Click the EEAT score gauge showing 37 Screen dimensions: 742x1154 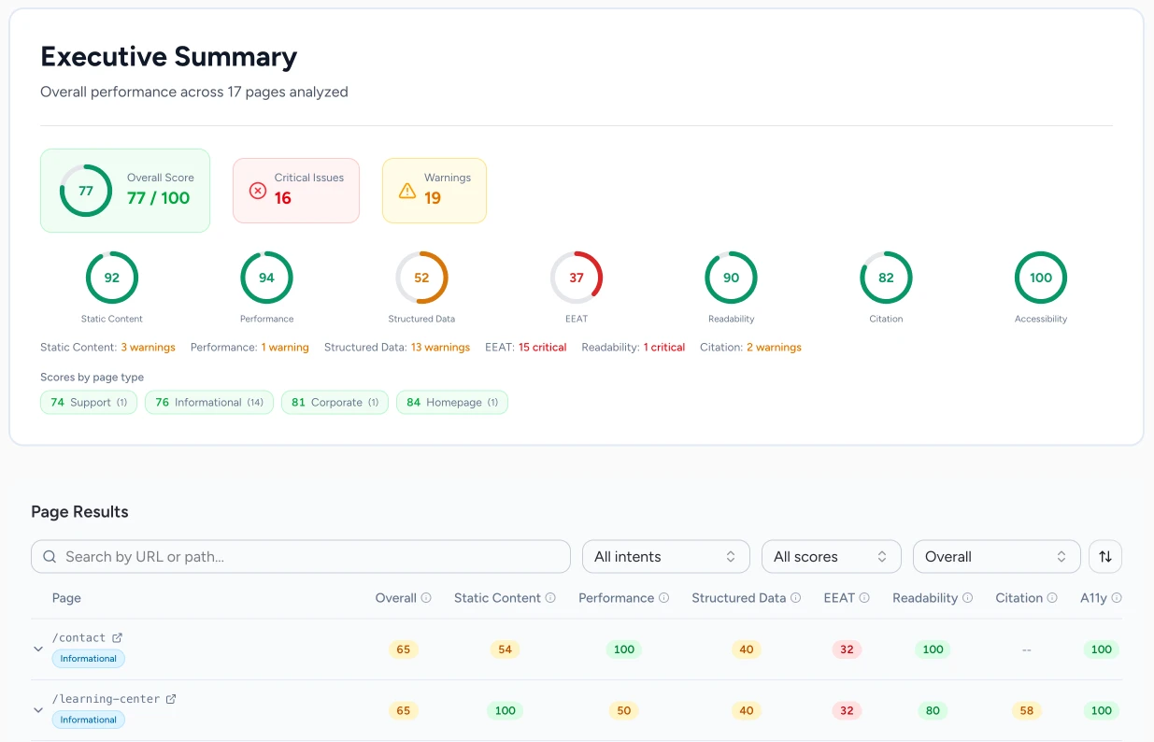(x=577, y=278)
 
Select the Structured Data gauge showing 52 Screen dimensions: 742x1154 (x=421, y=278)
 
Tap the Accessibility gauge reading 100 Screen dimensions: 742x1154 (x=1040, y=278)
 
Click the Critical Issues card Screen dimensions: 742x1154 (x=295, y=190)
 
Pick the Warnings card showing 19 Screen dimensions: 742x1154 (x=434, y=190)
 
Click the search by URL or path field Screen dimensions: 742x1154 (x=301, y=556)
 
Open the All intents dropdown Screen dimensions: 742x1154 (x=665, y=556)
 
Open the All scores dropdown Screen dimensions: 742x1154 (x=831, y=556)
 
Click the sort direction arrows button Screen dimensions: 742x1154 (x=1105, y=556)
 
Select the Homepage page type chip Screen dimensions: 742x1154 (x=452, y=403)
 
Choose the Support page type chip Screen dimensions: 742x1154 (x=89, y=403)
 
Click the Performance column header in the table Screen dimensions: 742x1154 (x=616, y=598)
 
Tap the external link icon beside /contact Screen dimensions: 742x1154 (x=118, y=637)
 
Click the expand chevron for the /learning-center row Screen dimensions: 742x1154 (x=38, y=709)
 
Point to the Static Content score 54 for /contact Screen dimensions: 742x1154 (x=505, y=649)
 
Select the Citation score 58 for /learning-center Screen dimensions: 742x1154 (x=1026, y=710)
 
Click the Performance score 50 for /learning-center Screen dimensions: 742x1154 (x=623, y=710)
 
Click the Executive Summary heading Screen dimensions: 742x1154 (x=169, y=57)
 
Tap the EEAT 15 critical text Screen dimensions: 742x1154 (x=543, y=348)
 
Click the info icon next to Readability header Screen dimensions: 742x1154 (x=967, y=598)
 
